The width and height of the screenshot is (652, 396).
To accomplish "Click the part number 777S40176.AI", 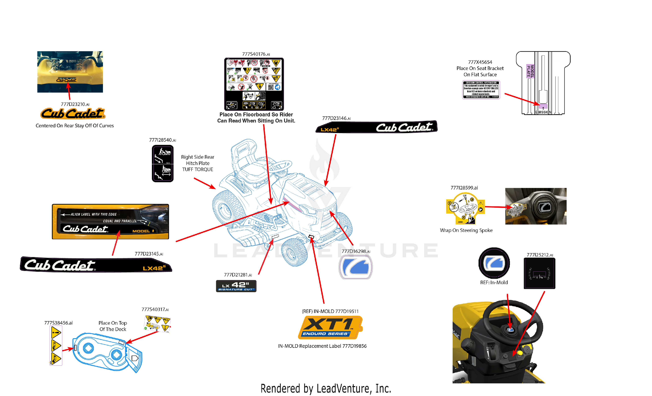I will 256,54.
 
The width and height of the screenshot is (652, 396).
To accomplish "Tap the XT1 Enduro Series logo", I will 330,328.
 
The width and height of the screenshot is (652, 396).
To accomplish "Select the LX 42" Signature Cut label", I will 236,286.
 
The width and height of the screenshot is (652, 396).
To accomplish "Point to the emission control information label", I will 481,90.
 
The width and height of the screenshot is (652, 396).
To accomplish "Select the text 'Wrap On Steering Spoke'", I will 466,230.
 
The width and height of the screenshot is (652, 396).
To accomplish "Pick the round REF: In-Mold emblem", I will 494,263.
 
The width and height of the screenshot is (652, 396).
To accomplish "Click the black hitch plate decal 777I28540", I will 163,163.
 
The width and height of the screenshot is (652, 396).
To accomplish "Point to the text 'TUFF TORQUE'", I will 197,169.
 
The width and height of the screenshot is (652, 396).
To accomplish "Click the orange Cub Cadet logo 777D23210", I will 73,114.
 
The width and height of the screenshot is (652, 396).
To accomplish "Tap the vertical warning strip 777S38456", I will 56,345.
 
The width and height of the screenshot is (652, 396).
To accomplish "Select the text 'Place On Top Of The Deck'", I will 113,326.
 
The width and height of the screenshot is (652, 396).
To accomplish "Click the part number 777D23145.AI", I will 149,254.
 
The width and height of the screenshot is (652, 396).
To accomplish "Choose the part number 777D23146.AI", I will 336,118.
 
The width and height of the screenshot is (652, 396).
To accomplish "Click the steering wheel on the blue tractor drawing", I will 281,167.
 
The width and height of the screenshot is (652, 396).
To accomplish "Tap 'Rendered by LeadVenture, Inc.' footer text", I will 326,389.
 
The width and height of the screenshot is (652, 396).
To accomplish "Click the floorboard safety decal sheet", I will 254,84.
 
